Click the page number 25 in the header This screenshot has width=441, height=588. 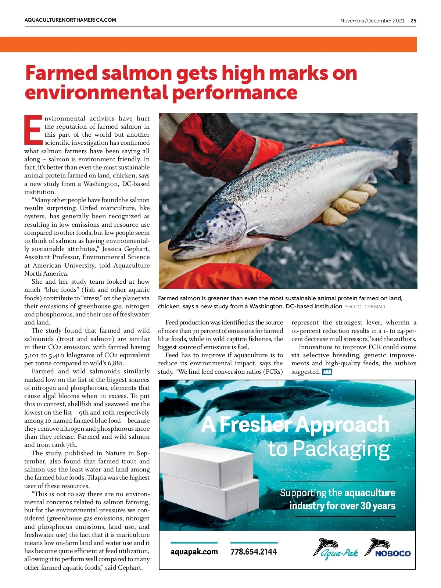413,21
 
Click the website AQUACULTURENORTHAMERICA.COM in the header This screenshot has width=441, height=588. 70,20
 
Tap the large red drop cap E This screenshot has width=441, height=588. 33,129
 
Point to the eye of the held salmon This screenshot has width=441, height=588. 198,233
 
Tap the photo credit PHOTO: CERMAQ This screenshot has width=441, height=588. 364,306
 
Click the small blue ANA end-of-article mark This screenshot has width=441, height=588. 327,372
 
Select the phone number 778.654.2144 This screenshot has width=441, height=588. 254,552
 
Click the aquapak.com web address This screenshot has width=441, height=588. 194,552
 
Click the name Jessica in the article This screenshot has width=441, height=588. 114,249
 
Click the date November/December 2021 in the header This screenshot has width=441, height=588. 372,21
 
